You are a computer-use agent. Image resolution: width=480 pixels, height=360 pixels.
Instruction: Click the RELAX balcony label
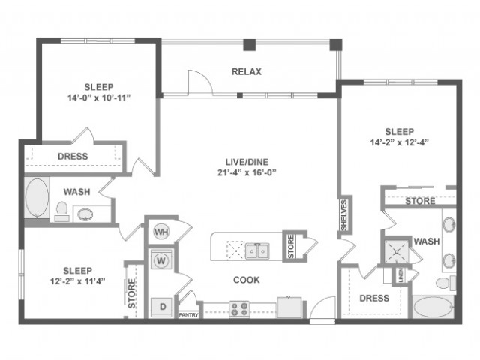pos(247,72)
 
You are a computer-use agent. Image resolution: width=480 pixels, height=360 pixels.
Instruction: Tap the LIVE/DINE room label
pos(247,162)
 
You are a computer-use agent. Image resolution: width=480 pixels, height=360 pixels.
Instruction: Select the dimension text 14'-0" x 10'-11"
pos(99,98)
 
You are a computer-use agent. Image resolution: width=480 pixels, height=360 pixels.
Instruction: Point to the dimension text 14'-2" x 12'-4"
pos(399,142)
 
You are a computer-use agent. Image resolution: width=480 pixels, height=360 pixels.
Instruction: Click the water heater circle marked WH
pos(161,232)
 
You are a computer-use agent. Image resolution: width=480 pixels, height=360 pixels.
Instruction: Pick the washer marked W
pos(161,261)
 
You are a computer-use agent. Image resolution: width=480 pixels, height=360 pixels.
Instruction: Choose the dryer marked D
pos(162,307)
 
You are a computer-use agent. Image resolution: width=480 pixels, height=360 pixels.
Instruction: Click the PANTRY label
pos(188,315)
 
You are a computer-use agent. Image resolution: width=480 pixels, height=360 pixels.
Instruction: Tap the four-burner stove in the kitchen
pos(239,309)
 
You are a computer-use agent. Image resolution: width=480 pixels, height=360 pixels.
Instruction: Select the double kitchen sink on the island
pos(257,251)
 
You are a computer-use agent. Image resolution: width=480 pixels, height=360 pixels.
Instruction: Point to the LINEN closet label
pos(400,275)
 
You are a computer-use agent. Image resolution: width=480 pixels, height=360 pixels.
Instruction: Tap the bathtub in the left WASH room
pos(37,198)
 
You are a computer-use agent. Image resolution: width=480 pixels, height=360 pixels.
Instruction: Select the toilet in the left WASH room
pos(61,211)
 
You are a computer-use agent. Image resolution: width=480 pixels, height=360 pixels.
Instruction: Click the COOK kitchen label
pos(247,280)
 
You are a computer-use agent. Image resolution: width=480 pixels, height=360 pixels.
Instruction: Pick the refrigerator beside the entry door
pos(289,307)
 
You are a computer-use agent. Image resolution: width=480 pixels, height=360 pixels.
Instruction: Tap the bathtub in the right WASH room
pos(433,307)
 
